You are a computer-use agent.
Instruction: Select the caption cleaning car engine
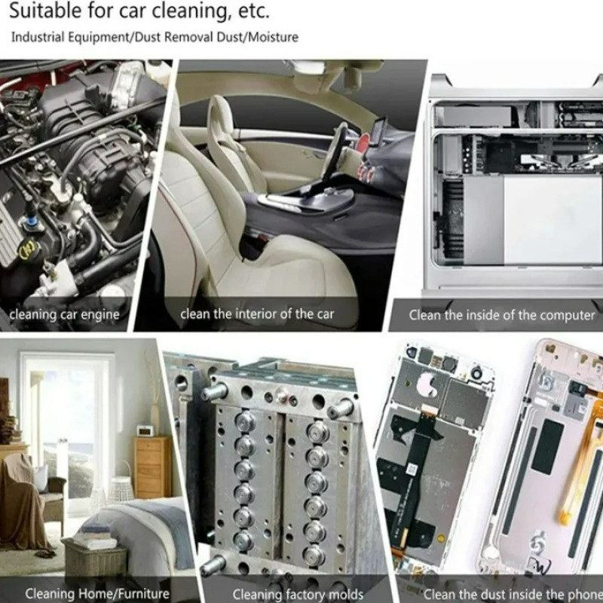pos(65,314)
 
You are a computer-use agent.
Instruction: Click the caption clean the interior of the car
pos(257,314)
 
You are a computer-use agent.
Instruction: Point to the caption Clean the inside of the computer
pos(502,315)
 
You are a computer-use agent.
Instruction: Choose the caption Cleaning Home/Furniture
pos(97,593)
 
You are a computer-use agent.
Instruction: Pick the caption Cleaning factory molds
pos(298,595)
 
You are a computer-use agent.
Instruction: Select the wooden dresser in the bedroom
pos(153,467)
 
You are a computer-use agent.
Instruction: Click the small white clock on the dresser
pos(145,430)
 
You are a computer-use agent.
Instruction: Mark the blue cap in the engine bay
pos(29,222)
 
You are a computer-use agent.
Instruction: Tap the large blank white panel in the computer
pos(552,220)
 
